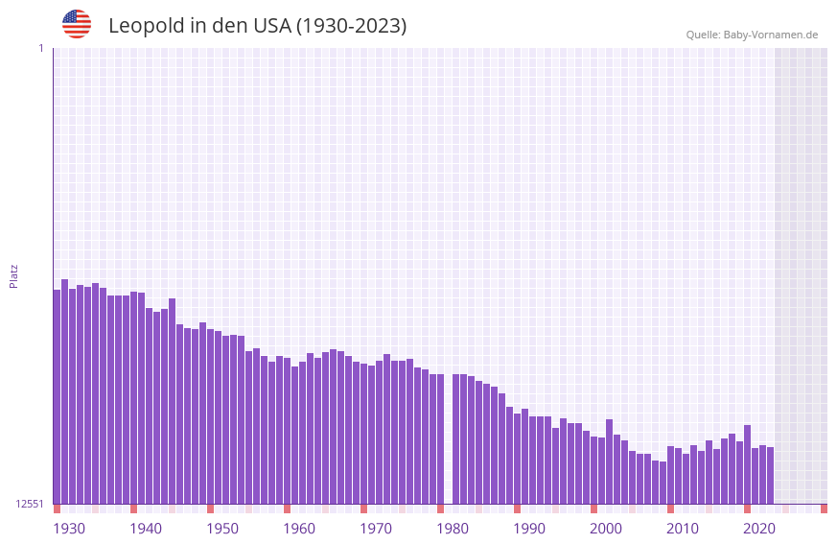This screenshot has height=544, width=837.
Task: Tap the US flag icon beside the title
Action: (77, 24)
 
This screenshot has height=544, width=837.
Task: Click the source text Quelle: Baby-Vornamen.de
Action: (752, 35)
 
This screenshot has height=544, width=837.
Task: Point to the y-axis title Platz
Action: (13, 275)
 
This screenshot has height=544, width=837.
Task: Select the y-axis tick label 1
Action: (40, 48)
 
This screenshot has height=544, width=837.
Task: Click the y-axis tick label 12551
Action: (30, 504)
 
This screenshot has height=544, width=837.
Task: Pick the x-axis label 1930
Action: (69, 529)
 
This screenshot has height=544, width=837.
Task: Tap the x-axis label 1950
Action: (222, 529)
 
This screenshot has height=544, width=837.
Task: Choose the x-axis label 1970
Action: (376, 529)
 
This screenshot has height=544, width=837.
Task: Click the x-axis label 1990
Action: (529, 529)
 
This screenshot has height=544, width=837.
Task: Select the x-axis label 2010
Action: (683, 529)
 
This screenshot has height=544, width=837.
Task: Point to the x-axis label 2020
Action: (759, 529)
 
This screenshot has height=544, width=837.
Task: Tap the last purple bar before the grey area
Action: (770, 475)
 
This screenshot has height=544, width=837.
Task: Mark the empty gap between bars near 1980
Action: (448, 441)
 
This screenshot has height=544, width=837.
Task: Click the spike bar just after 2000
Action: (609, 461)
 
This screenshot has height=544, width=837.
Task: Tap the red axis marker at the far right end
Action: (824, 509)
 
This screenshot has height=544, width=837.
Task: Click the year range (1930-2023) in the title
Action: (351, 26)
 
